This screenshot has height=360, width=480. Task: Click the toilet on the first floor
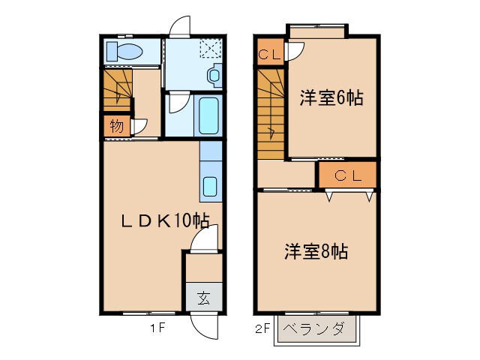pyautogui.click(x=125, y=52)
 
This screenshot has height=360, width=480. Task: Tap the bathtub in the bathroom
pyautogui.click(x=208, y=115)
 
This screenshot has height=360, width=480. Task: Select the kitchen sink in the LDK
pyautogui.click(x=210, y=185)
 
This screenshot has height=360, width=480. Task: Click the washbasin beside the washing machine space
pyautogui.click(x=214, y=75)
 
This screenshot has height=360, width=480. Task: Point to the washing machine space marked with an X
pyautogui.click(x=210, y=49)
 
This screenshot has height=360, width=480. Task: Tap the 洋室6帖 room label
pyautogui.click(x=331, y=98)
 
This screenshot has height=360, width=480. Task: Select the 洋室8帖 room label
pyautogui.click(x=315, y=251)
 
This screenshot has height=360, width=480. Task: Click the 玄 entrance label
pyautogui.click(x=203, y=298)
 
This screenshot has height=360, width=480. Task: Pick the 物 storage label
pyautogui.click(x=116, y=126)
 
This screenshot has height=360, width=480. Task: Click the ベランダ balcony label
pyautogui.click(x=318, y=328)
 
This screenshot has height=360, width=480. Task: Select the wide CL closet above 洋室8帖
pyautogui.click(x=346, y=176)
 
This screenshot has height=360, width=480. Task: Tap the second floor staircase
pyautogui.click(x=271, y=112)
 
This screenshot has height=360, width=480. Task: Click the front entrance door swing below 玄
pyautogui.click(x=203, y=325)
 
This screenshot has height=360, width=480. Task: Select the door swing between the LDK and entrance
pyautogui.click(x=202, y=241)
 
